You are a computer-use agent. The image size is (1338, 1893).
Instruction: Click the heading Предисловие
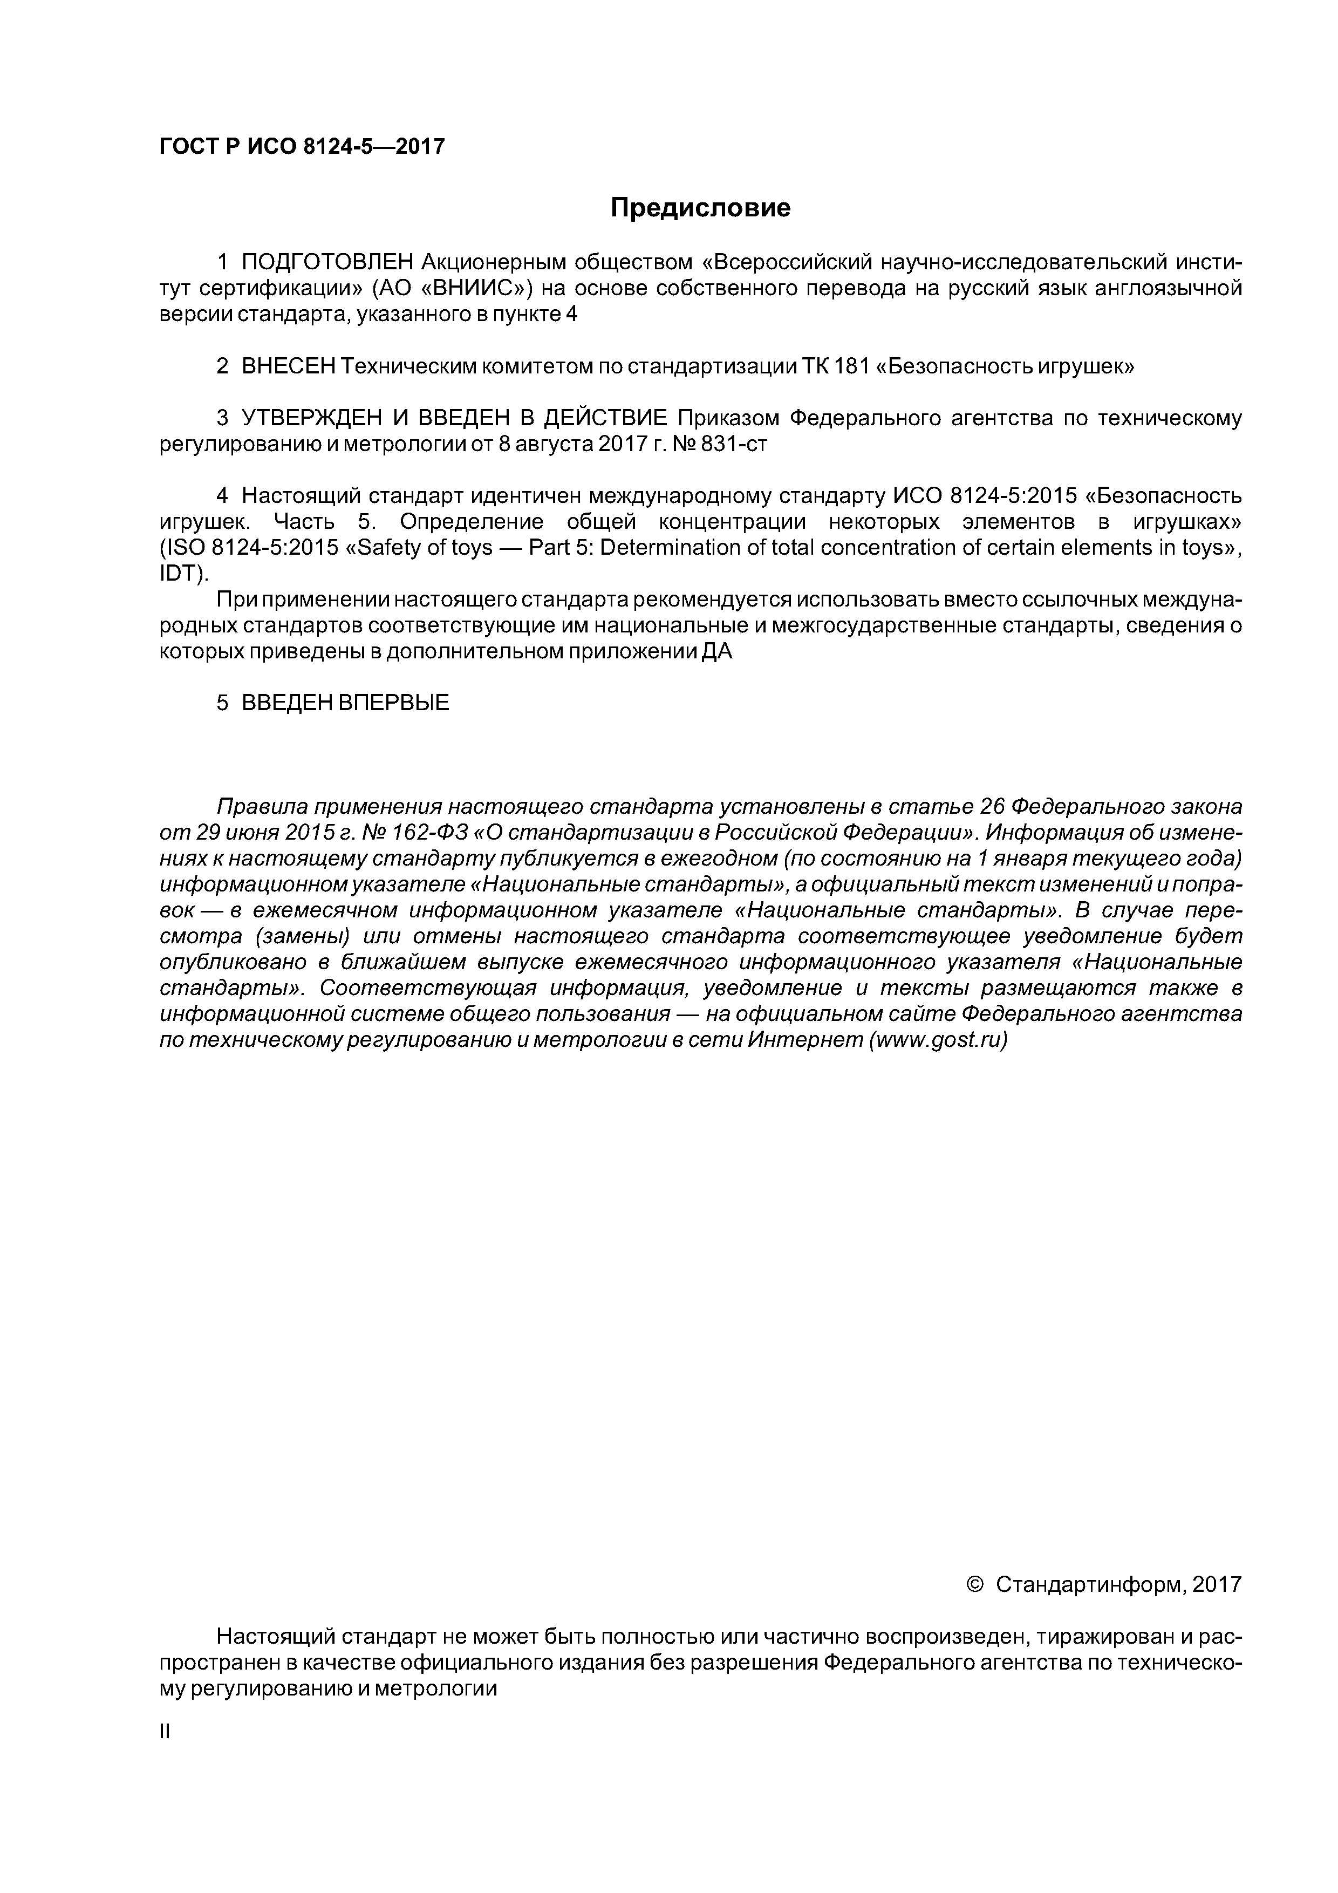700,208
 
